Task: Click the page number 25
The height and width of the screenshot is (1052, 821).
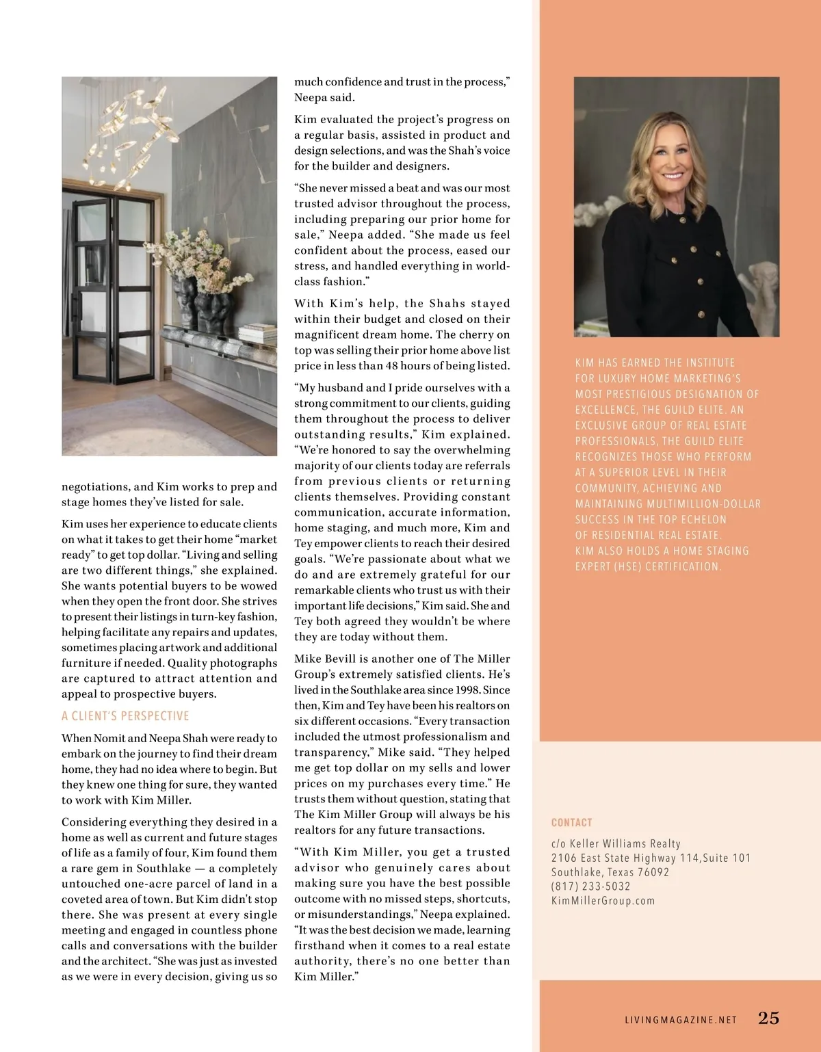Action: [768, 1018]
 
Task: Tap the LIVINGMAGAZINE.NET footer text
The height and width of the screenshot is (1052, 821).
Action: [681, 1020]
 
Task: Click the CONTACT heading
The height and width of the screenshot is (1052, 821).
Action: [571, 822]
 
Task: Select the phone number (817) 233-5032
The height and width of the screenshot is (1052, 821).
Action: [591, 886]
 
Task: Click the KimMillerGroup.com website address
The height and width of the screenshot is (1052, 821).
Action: [603, 901]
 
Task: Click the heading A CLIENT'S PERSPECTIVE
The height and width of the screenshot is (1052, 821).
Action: [125, 716]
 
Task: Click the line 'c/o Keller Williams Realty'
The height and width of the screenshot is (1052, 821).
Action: [616, 844]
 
